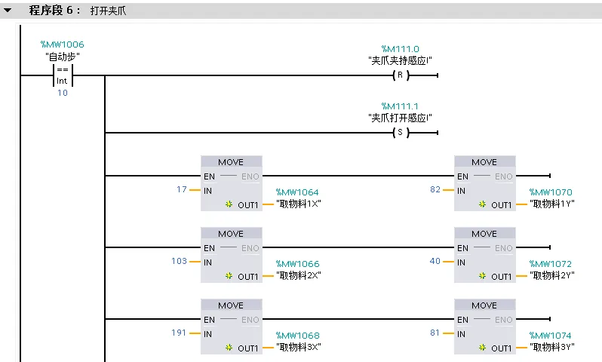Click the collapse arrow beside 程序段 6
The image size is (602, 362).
pyautogui.click(x=8, y=11)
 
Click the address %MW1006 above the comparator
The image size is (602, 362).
pyautogui.click(x=62, y=45)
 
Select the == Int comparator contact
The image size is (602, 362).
pyautogui.click(x=62, y=75)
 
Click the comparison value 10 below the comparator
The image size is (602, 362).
pyautogui.click(x=62, y=93)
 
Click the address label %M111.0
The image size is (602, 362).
pyautogui.click(x=400, y=49)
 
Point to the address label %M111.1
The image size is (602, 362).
pyautogui.click(x=400, y=106)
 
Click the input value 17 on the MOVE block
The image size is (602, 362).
pyautogui.click(x=181, y=189)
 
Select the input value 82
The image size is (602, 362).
pyautogui.click(x=435, y=189)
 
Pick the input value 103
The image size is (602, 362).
pyautogui.click(x=179, y=261)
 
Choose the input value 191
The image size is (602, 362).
pyautogui.click(x=179, y=332)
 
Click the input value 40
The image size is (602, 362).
pyautogui.click(x=435, y=261)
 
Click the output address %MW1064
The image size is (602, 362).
pyautogui.click(x=297, y=192)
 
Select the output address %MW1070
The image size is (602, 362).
pyautogui.click(x=551, y=192)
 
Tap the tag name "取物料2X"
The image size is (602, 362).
pyautogui.click(x=299, y=275)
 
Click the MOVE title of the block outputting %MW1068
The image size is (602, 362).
pyautogui.click(x=231, y=305)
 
